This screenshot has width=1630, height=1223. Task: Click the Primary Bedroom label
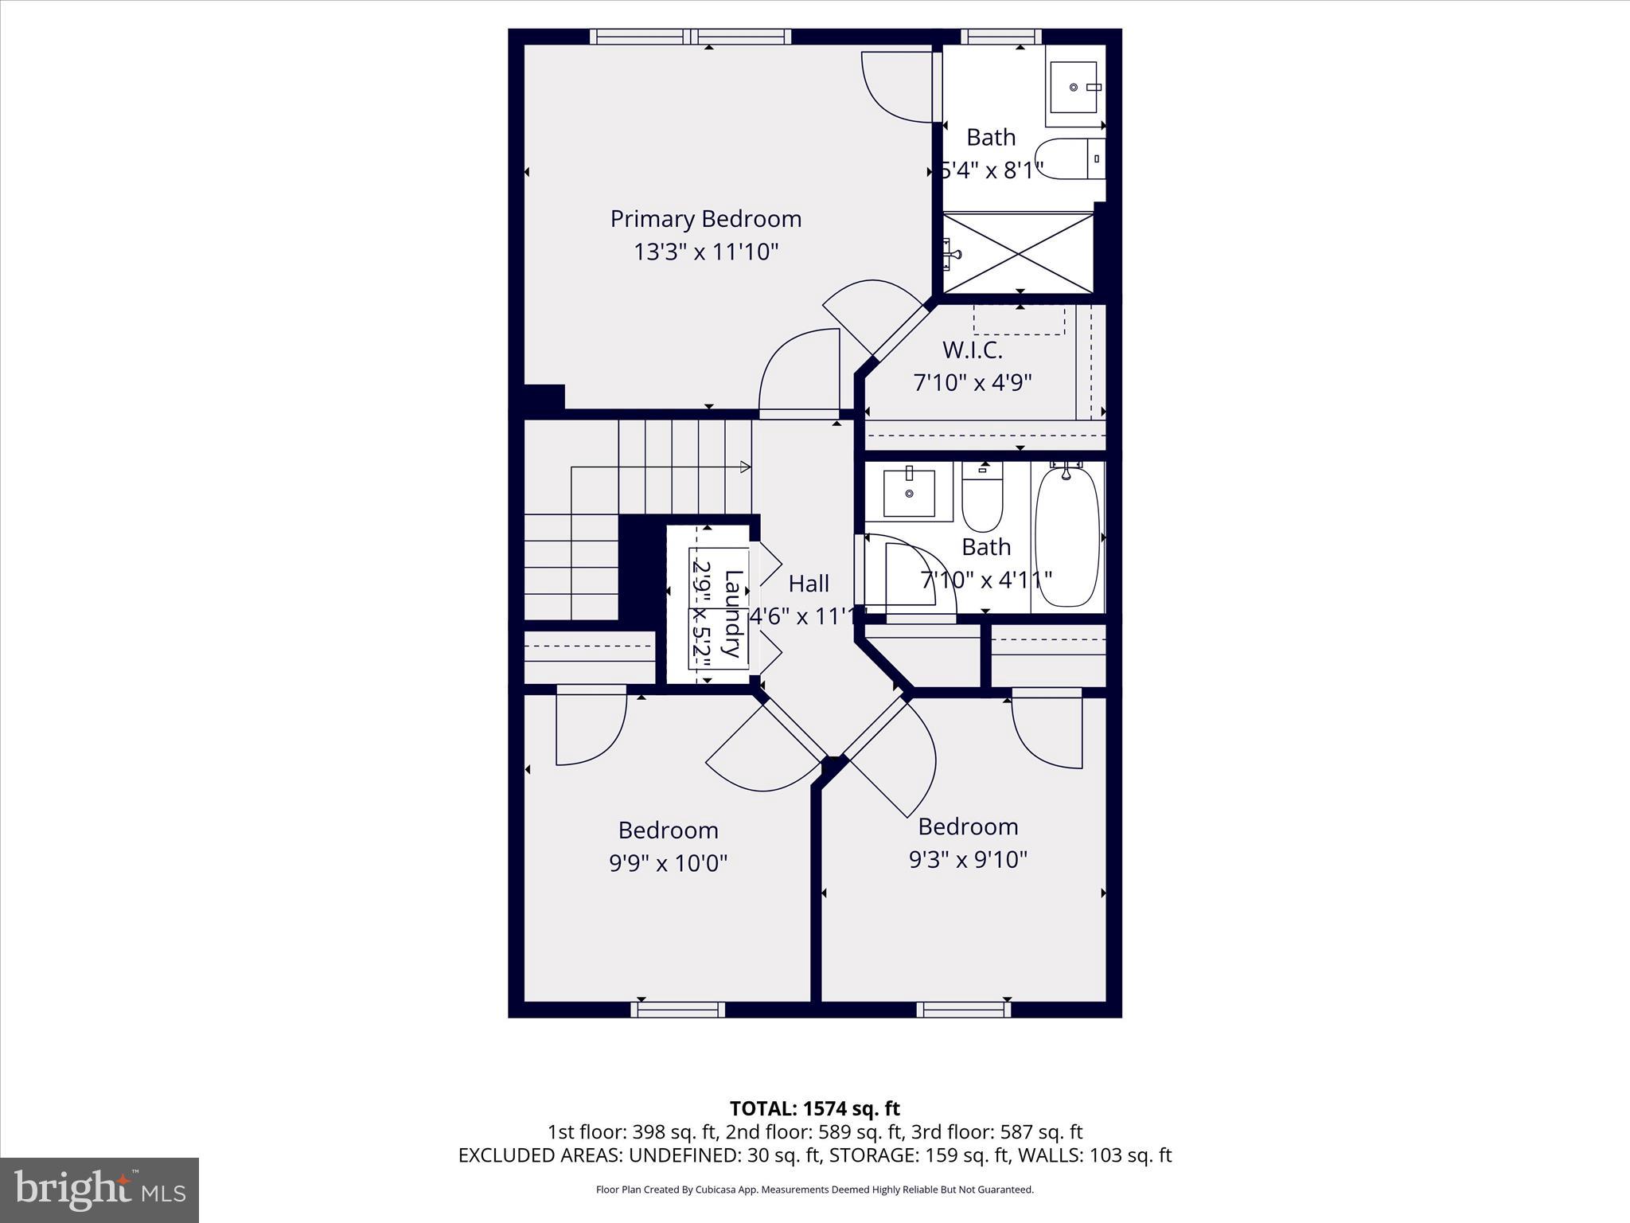click(705, 219)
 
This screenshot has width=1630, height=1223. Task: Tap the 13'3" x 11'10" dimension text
click(705, 252)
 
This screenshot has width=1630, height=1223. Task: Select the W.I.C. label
click(972, 350)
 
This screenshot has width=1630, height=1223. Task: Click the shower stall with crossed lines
click(1018, 253)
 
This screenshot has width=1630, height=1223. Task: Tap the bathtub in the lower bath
click(1067, 537)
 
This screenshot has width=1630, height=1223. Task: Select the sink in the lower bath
click(909, 494)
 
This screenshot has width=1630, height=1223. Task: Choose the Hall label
click(809, 584)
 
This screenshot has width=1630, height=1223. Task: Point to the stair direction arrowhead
click(746, 467)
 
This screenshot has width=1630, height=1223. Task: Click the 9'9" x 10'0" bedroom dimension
click(668, 863)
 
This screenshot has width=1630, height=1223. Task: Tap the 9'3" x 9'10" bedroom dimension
click(968, 860)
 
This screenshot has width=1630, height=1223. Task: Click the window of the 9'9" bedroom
click(677, 1010)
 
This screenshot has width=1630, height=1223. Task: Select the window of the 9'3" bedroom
click(963, 1010)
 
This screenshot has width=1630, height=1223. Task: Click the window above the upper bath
click(1000, 37)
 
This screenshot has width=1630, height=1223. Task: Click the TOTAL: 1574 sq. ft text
click(814, 1108)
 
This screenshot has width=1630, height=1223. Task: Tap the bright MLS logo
click(99, 1190)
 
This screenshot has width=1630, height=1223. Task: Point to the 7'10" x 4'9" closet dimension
click(972, 383)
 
